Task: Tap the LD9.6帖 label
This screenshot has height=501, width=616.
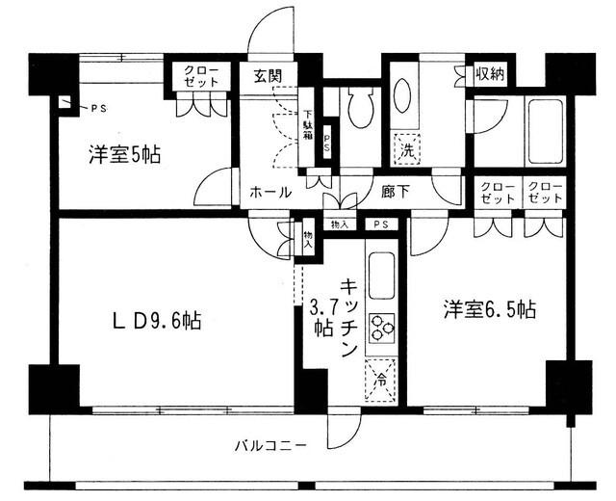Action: (160, 320)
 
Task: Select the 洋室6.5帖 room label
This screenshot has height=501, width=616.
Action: (489, 310)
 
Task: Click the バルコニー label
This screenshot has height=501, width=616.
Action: (270, 446)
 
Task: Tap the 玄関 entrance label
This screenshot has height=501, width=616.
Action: (267, 75)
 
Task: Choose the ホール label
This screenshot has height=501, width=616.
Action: (270, 192)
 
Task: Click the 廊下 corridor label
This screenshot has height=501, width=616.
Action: (396, 192)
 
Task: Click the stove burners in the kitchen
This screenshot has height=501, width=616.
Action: (380, 328)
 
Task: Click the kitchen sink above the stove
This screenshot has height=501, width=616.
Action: (380, 273)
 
